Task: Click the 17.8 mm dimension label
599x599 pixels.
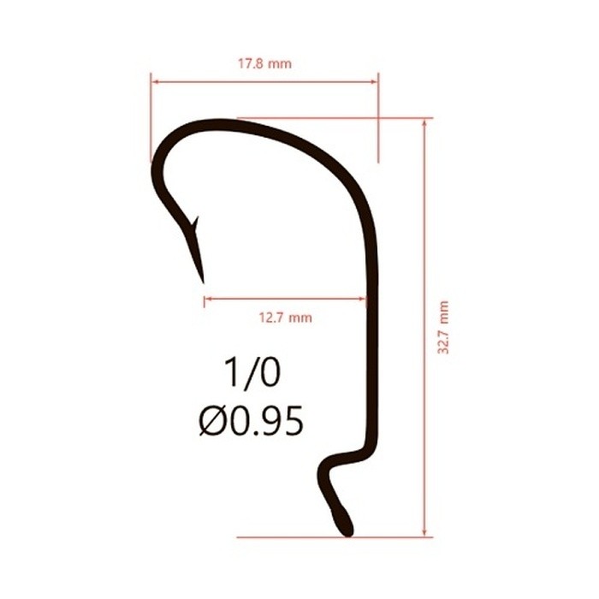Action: pos(264,63)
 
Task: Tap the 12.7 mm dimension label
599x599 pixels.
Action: pos(285,317)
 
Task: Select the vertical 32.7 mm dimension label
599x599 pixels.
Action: pos(442,328)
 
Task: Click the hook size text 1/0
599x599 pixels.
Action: pos(252,374)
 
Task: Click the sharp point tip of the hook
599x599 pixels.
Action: pos(203,280)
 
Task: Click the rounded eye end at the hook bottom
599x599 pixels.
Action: pos(345,524)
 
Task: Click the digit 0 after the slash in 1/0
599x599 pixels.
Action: pos(269,374)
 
